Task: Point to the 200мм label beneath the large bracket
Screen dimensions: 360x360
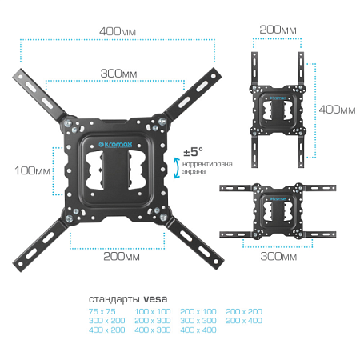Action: [x=121, y=256]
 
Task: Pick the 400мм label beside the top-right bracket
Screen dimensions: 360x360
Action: [x=337, y=108]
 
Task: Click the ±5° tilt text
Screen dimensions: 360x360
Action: [x=193, y=151]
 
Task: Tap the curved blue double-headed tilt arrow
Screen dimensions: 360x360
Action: [x=176, y=166]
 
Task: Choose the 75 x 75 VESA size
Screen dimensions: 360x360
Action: [x=103, y=310]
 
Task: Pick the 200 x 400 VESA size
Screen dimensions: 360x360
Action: [x=244, y=319]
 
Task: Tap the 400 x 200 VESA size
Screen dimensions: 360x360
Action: [x=106, y=329]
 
